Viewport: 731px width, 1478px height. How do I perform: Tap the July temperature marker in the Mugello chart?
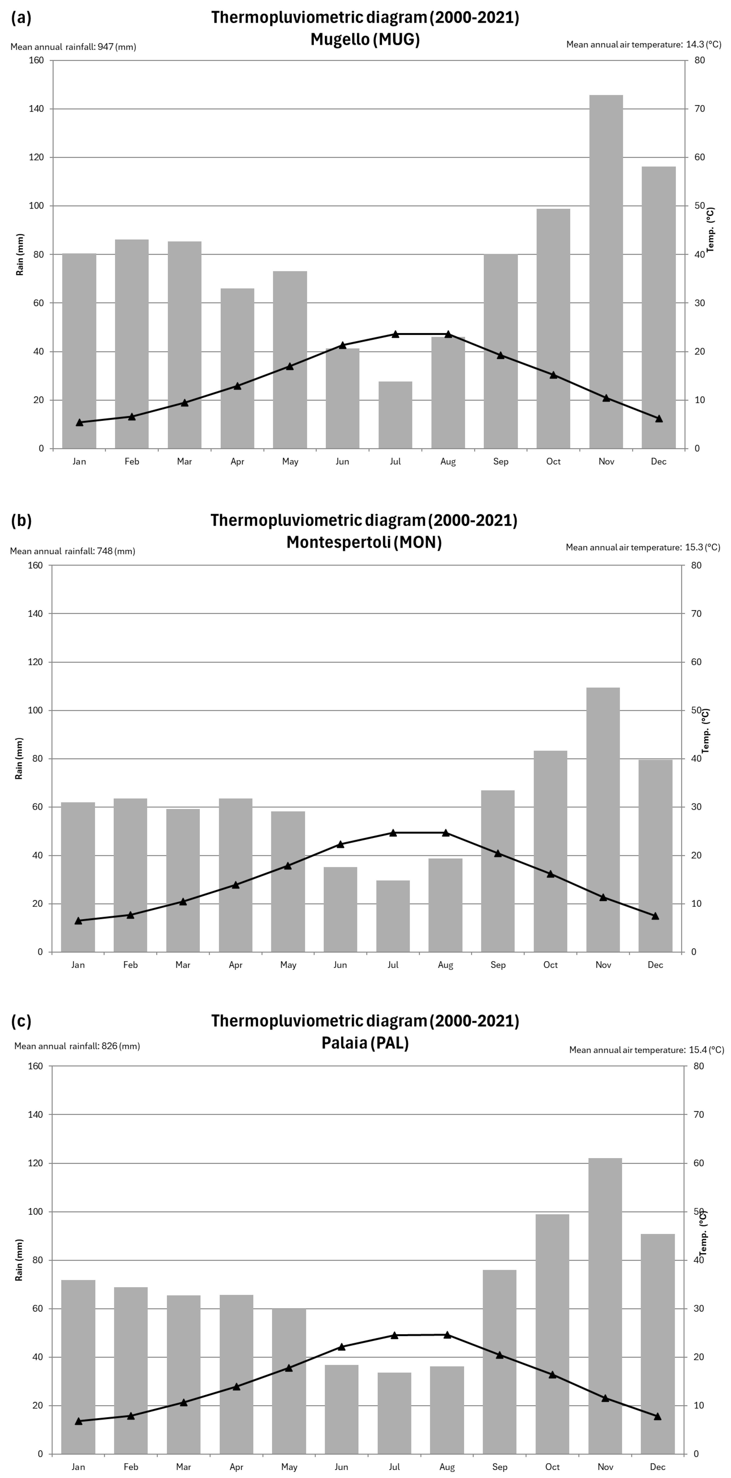(x=395, y=334)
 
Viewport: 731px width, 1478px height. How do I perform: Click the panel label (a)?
(x=21, y=18)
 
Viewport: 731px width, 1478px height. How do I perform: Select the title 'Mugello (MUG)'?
(x=365, y=39)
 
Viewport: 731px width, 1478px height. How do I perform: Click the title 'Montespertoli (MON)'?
(x=364, y=542)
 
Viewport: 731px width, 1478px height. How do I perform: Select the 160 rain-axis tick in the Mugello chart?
(x=36, y=60)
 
